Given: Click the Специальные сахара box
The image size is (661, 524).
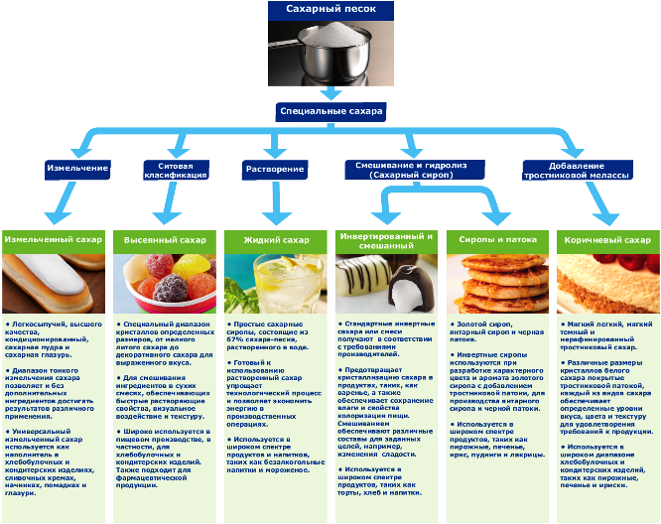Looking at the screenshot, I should [331, 112].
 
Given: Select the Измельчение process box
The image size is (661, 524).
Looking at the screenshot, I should [77, 169].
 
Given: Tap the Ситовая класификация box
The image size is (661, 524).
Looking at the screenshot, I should [176, 169].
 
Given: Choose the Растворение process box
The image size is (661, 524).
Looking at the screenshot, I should [275, 169].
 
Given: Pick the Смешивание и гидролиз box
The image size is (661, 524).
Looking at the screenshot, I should [410, 169].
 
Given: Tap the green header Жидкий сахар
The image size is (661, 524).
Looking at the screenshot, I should [275, 241].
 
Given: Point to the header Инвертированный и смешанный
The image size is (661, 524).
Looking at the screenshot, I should [386, 241].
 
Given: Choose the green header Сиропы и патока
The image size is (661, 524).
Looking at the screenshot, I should [496, 241].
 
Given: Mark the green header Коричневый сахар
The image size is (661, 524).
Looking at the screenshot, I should [607, 241].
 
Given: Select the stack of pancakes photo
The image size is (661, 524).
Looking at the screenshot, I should [496, 285].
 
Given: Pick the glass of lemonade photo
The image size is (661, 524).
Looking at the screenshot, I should [275, 285].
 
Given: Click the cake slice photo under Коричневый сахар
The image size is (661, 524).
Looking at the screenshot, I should [607, 285].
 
